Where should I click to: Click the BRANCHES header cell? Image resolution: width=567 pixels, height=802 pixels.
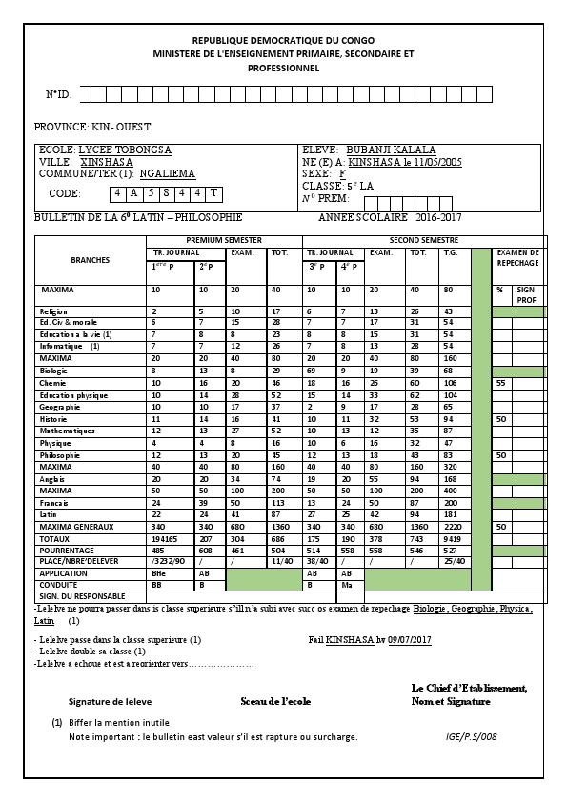pos(91,260)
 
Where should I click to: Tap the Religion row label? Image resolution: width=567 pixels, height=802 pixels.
pos(52,311)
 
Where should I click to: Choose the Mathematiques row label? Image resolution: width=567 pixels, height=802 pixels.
pos(63,431)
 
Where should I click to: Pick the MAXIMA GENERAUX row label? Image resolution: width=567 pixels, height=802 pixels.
pos(76,527)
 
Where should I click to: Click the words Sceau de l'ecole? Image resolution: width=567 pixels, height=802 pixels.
pos(275,701)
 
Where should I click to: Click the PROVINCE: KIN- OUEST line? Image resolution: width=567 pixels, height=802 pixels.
pos(92,127)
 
